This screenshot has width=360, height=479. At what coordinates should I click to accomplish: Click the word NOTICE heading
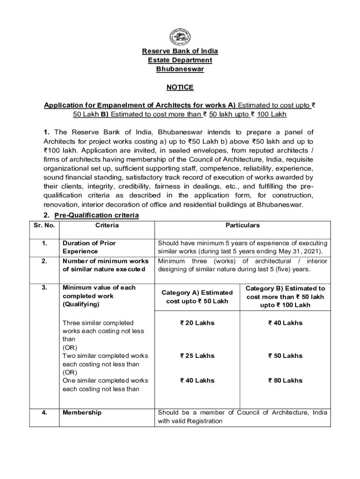[180, 87]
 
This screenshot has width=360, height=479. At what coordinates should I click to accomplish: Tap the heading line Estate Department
[180, 60]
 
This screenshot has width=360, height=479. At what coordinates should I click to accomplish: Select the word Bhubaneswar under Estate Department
[180, 69]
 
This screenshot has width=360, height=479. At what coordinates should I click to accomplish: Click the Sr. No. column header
[44, 225]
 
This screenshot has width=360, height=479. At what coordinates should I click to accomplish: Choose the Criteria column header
[107, 225]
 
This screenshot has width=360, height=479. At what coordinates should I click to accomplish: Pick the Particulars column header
[242, 225]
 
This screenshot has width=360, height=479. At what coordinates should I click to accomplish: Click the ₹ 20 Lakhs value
[197, 323]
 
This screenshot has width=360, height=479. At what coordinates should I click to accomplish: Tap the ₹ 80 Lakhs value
[285, 381]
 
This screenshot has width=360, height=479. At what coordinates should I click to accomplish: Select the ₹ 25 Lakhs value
[197, 356]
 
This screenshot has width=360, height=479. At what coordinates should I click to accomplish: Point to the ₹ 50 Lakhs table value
[285, 356]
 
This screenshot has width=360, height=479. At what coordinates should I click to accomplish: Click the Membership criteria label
[82, 413]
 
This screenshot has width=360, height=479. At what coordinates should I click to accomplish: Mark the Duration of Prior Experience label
[89, 247]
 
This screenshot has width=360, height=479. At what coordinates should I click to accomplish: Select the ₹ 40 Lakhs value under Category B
[285, 323]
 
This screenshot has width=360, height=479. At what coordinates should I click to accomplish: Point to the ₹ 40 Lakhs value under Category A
[197, 381]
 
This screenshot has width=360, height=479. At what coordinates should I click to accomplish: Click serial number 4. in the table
[44, 413]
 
